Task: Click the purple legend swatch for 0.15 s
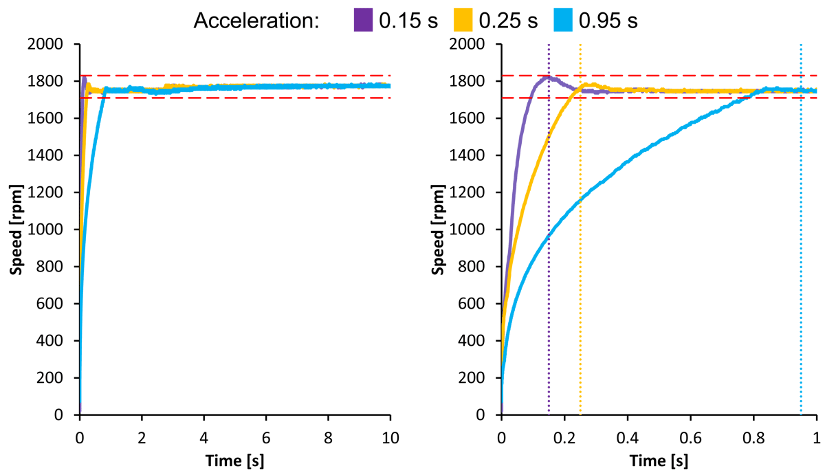[363, 20]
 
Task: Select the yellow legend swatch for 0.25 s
[465, 20]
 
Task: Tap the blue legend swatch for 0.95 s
[563, 20]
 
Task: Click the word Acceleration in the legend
[256, 21]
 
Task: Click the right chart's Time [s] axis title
[659, 459]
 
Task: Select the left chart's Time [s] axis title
[235, 459]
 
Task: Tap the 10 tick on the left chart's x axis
[390, 437]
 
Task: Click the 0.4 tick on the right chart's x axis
[628, 437]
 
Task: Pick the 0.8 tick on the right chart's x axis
[753, 437]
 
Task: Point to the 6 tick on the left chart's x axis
[266, 437]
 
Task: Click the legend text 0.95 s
[608, 21]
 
